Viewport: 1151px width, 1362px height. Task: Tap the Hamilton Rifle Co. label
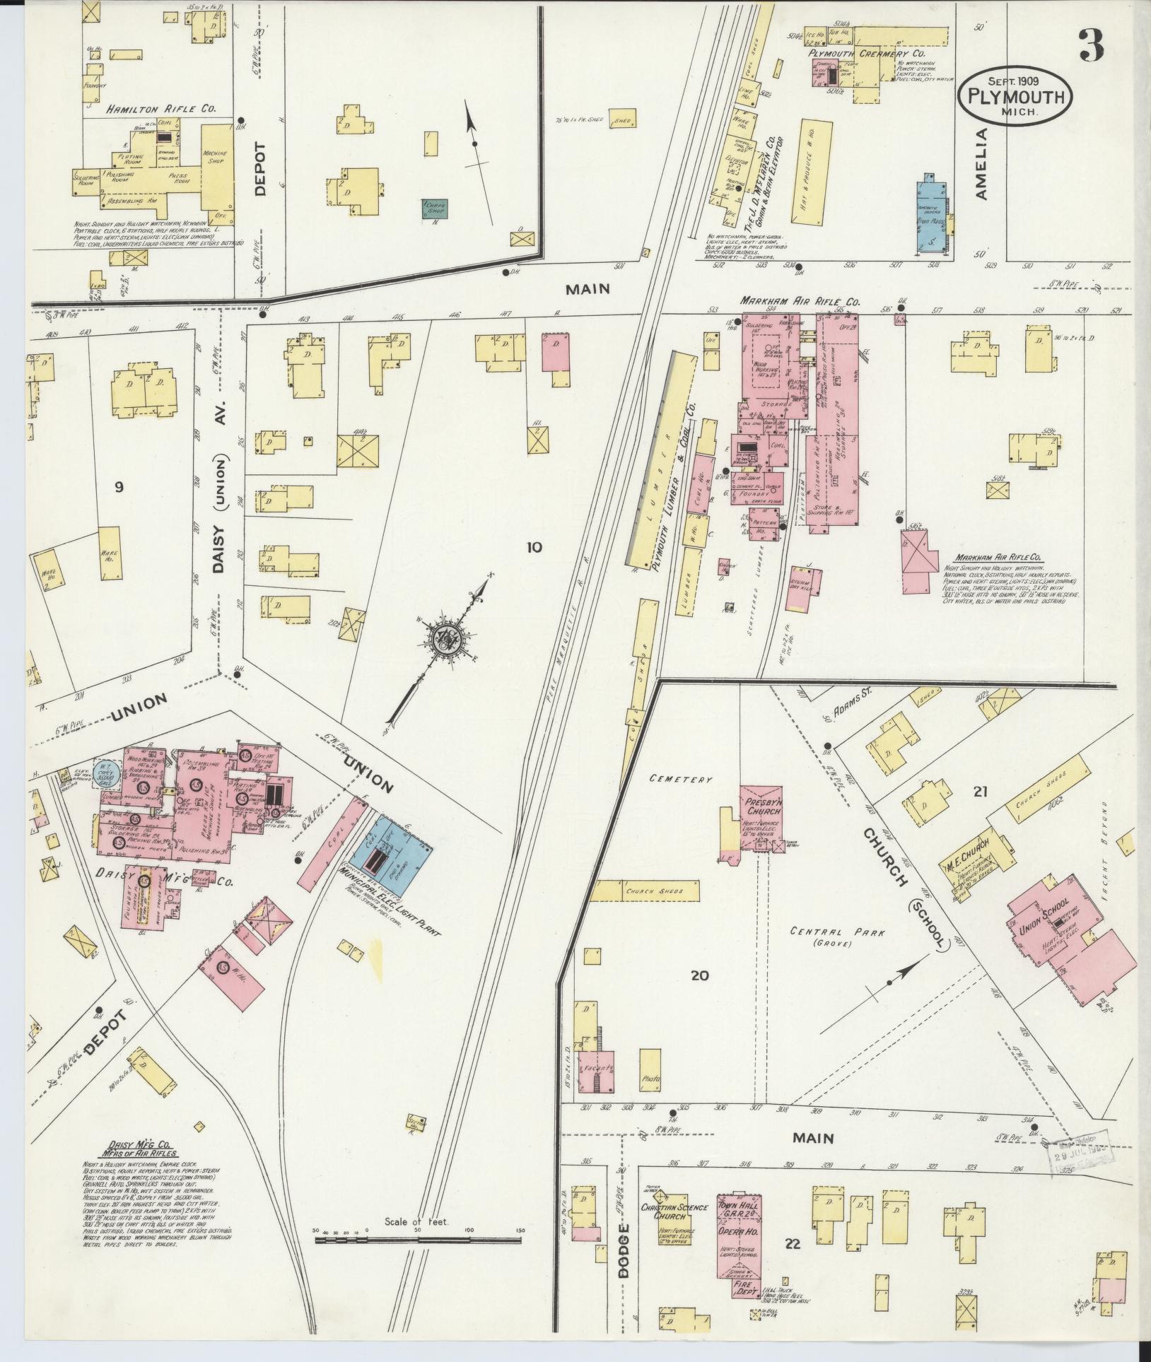pyautogui.click(x=161, y=110)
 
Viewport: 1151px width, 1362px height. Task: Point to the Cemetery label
pyautogui.click(x=681, y=780)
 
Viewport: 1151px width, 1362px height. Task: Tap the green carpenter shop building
pyautogui.click(x=435, y=209)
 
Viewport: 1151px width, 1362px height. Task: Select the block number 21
pyautogui.click(x=979, y=792)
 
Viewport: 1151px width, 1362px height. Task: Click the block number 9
pyautogui.click(x=119, y=486)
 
